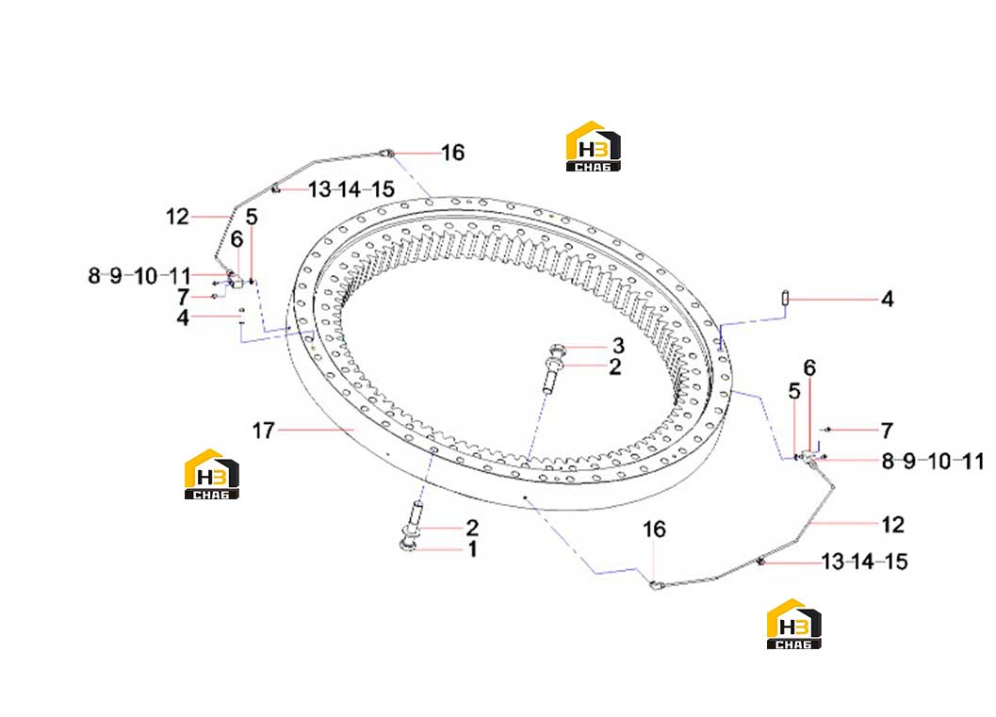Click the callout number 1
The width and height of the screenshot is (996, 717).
coord(473,548)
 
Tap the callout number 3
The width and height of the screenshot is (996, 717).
coord(618,346)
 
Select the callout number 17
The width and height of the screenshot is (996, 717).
coord(264,431)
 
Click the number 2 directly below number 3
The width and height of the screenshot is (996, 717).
coord(615,367)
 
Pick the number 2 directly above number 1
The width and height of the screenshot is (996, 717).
coord(472,528)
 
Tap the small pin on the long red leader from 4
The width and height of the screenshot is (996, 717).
coord(786,297)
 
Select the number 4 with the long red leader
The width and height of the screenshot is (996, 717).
coord(888,299)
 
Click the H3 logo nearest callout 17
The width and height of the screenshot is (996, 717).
coord(211,474)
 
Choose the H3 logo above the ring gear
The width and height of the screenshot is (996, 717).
coord(594,146)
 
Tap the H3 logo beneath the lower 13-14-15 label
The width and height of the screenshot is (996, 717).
coord(794,624)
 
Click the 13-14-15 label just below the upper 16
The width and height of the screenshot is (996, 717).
coord(351,189)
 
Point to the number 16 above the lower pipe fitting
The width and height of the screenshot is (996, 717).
coord(654,529)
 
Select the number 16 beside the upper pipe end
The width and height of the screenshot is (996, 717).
coord(453,153)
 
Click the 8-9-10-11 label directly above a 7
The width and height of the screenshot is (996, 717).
coord(139,276)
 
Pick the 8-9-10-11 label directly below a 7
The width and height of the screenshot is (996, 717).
coord(933,461)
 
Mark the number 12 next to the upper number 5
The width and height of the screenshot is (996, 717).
coord(177,218)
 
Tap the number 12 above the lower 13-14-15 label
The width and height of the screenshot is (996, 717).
coord(892,525)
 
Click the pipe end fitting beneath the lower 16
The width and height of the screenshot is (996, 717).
coord(657,585)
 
